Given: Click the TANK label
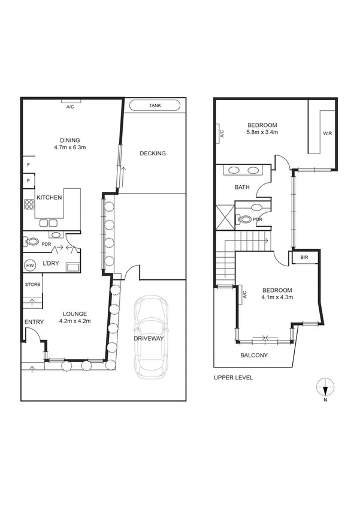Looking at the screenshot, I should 155,106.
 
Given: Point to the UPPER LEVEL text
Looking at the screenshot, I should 233,378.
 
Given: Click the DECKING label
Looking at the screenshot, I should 152,153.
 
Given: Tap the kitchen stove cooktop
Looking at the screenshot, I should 28,204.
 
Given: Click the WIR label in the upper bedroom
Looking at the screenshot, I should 327,133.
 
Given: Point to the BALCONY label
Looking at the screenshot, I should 253,355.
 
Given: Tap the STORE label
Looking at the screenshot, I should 33,284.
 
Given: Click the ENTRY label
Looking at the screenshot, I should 34,323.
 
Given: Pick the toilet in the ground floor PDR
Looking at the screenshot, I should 31,242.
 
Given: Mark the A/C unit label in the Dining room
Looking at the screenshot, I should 70,107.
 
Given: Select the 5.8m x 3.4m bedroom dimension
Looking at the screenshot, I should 262,132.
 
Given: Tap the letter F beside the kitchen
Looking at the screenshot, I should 28,164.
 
